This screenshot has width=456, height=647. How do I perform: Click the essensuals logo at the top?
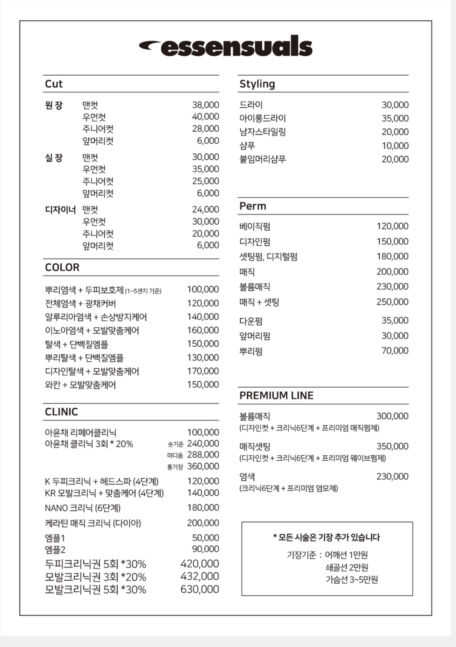[x=226, y=47]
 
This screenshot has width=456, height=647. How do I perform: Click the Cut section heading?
[x=54, y=84]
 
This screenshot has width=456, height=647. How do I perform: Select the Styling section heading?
[x=257, y=84]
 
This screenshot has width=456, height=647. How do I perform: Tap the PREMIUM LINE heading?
[x=276, y=395]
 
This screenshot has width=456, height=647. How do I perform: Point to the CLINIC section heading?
[x=61, y=412]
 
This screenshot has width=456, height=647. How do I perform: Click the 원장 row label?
[x=54, y=105]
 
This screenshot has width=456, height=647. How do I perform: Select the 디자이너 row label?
[x=60, y=209]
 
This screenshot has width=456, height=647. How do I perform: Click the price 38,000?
[x=205, y=105]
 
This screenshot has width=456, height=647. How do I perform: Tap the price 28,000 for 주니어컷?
[x=205, y=129]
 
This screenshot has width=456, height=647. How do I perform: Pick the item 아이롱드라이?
[x=262, y=118]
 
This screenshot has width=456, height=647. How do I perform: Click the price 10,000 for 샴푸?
[x=395, y=146]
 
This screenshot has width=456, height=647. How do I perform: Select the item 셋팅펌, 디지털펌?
[x=268, y=257]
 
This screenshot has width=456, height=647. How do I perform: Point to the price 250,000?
[x=392, y=302]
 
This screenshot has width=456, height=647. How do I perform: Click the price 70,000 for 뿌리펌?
[x=395, y=351]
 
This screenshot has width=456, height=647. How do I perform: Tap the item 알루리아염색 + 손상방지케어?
[x=96, y=317]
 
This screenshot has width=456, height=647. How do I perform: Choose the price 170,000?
[x=203, y=371]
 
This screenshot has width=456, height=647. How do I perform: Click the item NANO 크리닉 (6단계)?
[x=83, y=508]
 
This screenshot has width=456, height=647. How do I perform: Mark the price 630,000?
[x=200, y=589]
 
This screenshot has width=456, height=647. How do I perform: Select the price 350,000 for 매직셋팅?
[x=392, y=446]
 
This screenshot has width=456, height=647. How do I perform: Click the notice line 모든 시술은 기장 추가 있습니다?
[x=326, y=538]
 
